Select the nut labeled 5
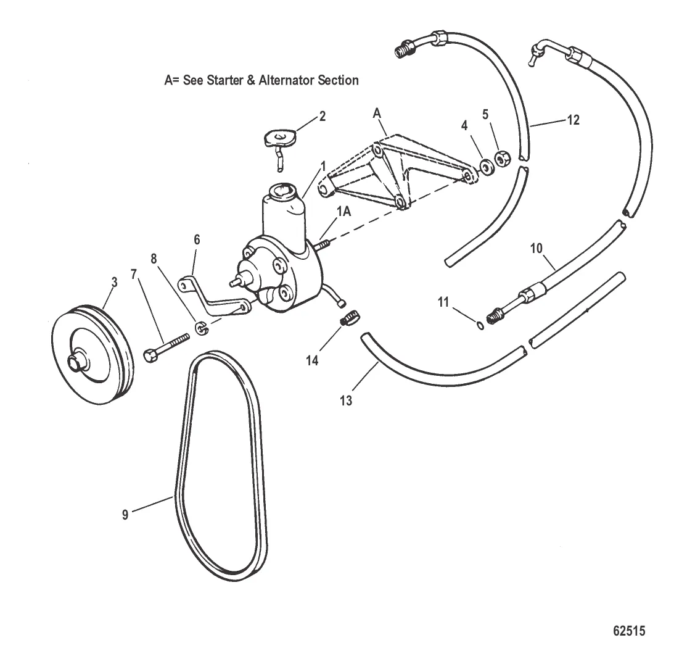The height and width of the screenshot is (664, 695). click(500, 157)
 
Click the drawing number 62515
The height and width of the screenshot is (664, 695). click(629, 631)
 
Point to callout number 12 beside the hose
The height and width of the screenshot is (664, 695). click(573, 120)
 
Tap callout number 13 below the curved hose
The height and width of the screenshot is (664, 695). click(346, 401)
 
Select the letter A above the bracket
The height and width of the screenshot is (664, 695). click(377, 114)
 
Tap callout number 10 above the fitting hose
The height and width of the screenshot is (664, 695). click(536, 249)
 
